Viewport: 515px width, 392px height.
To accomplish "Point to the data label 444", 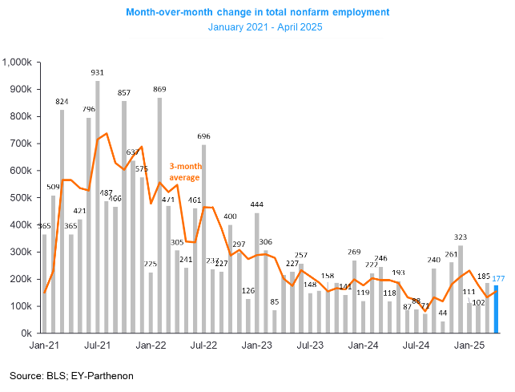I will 257,205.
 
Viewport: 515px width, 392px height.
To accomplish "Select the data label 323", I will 461,237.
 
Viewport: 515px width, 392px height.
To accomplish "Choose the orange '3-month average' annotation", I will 187,171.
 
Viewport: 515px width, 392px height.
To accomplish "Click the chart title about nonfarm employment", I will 257,12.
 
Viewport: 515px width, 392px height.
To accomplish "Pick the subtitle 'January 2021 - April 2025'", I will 257,27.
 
